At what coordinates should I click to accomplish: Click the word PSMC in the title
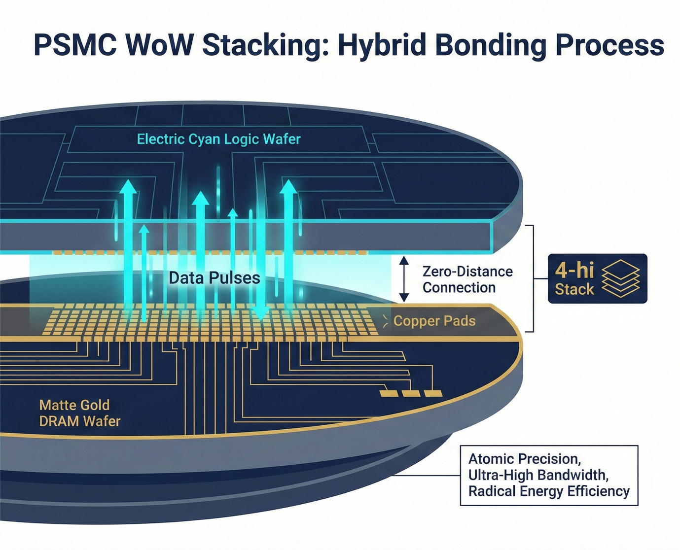(x=75, y=45)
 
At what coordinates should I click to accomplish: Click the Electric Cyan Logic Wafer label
(x=218, y=139)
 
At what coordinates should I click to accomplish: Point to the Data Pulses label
(x=214, y=278)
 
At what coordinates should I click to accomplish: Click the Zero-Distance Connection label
(x=467, y=279)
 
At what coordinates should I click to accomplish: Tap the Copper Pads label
(x=434, y=321)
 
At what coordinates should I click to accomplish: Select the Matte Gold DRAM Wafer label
(x=79, y=413)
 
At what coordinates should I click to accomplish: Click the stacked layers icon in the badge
(x=621, y=278)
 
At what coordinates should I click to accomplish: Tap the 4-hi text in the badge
(x=574, y=270)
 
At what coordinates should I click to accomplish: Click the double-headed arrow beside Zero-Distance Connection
(x=404, y=279)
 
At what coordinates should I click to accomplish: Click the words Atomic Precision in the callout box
(x=524, y=459)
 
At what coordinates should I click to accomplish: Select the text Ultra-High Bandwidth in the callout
(x=538, y=475)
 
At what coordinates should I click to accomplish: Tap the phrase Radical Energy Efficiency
(x=549, y=491)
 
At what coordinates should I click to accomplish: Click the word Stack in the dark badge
(x=574, y=289)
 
